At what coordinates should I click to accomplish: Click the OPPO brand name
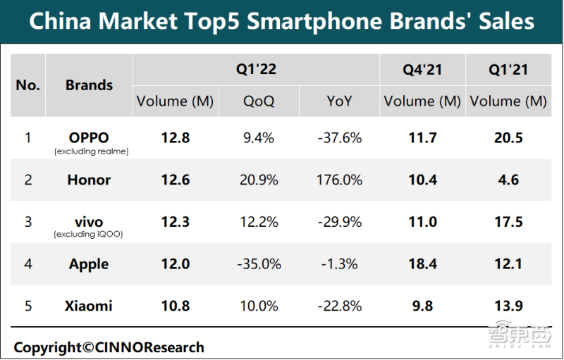pyautogui.click(x=89, y=137)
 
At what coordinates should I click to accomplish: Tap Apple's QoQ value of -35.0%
pyautogui.click(x=259, y=264)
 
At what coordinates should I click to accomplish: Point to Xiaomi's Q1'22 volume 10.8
pyautogui.click(x=175, y=306)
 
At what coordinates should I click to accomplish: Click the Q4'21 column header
pyautogui.click(x=422, y=70)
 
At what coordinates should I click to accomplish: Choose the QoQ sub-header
pyautogui.click(x=259, y=101)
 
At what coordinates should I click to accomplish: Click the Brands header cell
pyautogui.click(x=89, y=85)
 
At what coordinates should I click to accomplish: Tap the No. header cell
pyautogui.click(x=28, y=85)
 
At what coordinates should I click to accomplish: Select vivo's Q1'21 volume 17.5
pyautogui.click(x=508, y=222)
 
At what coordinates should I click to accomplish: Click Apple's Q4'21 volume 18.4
pyautogui.click(x=422, y=264)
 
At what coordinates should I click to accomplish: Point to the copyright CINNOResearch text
pyautogui.click(x=109, y=347)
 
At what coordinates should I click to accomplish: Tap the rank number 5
pyautogui.click(x=28, y=306)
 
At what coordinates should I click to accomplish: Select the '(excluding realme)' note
pyautogui.click(x=89, y=151)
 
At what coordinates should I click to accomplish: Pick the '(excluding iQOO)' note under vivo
pyautogui.click(x=89, y=235)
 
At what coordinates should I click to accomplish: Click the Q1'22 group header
pyautogui.click(x=256, y=70)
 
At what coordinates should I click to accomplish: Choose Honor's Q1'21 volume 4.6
pyautogui.click(x=508, y=180)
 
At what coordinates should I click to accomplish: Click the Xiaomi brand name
pyautogui.click(x=89, y=306)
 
